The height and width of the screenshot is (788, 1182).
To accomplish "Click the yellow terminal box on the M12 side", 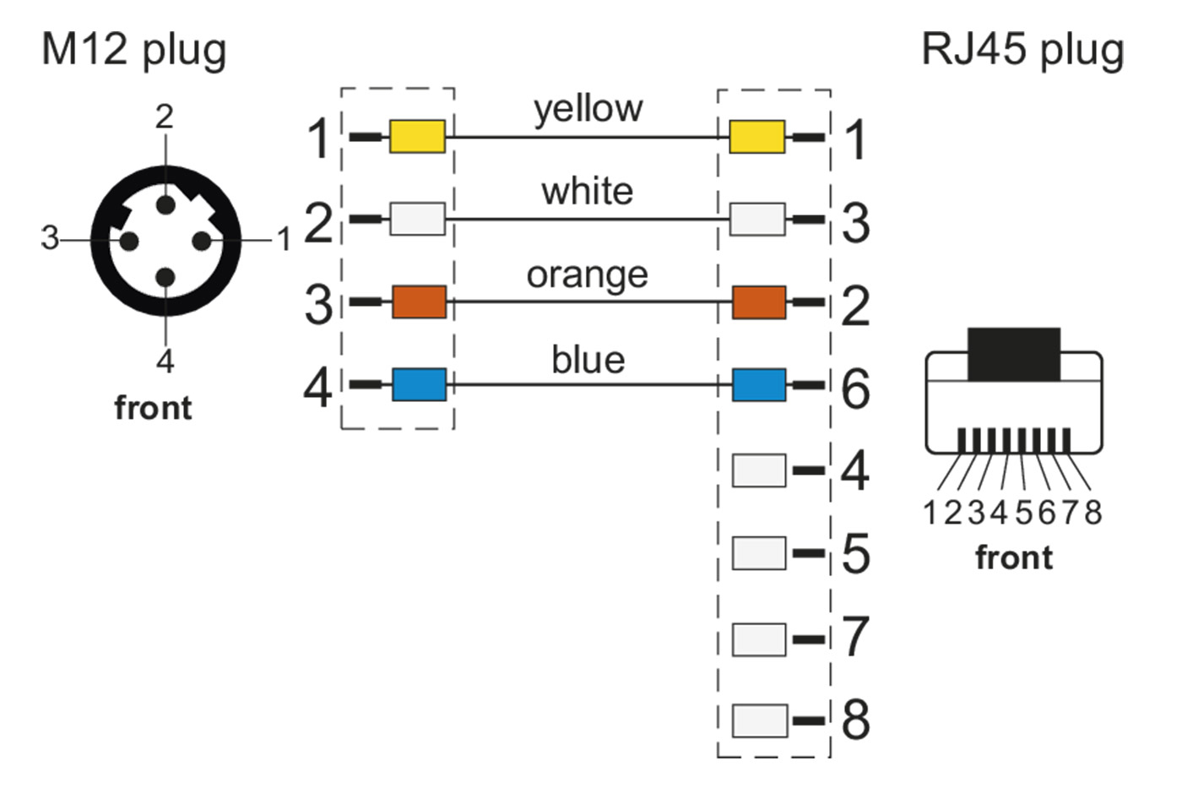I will pos(417,136).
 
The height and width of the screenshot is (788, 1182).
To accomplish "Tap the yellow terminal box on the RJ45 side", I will pos(756,136).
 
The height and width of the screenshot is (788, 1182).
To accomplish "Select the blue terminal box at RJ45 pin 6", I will pos(758,384).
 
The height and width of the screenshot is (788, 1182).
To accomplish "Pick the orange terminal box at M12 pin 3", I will pos(419,302).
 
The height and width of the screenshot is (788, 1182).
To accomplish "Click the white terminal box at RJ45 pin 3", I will pos(756,219).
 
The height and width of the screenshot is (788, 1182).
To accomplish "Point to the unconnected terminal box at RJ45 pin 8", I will pos(759,720).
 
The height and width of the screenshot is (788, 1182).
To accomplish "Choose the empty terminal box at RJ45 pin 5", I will pos(759,553).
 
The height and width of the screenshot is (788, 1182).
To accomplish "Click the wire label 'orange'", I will pos(588,275).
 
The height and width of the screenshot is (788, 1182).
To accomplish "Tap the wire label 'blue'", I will pos(588,360).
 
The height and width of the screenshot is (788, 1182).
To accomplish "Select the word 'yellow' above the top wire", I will pos(588,109).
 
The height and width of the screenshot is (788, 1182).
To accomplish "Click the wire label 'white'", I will pos(588,192).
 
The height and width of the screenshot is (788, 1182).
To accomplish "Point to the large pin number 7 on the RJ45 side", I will pos(855,637).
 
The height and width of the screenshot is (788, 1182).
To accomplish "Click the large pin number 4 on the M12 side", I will pos(318,388).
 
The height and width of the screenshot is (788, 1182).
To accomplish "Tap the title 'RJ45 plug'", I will pos(1022,50).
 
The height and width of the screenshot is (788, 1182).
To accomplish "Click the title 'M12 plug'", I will pos(134,50).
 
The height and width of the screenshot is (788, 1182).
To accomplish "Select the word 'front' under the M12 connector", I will pos(153,408).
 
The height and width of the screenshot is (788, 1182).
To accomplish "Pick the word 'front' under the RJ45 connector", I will pos(1014,558).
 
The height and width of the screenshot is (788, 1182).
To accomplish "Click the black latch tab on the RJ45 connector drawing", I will pos(1013,354).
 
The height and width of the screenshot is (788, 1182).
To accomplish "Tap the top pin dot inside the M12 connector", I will pos(165,204).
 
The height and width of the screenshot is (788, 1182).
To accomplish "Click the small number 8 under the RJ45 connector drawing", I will pos(1093,512).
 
